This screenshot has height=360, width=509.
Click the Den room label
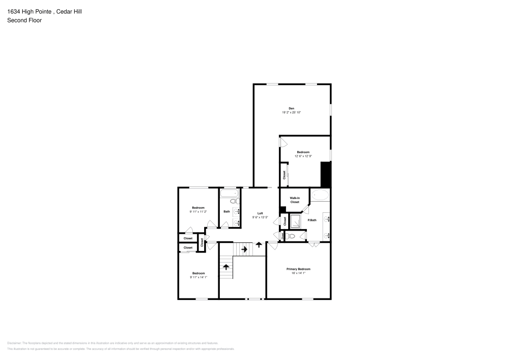tap(291, 108)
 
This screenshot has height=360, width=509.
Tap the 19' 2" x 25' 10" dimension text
tap(291, 112)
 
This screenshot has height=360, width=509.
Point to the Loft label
tap(260, 213)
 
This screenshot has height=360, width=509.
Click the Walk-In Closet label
tap(295, 200)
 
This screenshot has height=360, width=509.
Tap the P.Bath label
tap(312, 220)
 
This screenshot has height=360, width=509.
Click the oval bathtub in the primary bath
tap(320, 194)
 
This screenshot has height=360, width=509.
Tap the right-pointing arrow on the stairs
tap(244, 250)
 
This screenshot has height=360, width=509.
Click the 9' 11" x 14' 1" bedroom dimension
tap(198, 277)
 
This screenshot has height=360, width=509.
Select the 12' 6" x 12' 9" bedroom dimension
tap(303, 156)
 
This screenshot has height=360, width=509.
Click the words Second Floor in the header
tap(24, 20)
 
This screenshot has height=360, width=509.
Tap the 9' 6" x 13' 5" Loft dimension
tap(260, 217)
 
